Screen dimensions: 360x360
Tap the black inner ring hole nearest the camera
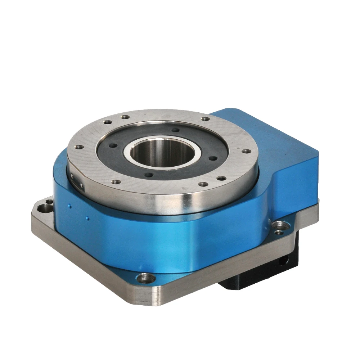[x=148, y=175]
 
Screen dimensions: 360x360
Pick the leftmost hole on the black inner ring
[x=113, y=146]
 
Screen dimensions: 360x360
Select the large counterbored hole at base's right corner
[x=280, y=225]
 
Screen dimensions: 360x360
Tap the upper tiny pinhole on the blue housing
[x=70, y=206]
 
